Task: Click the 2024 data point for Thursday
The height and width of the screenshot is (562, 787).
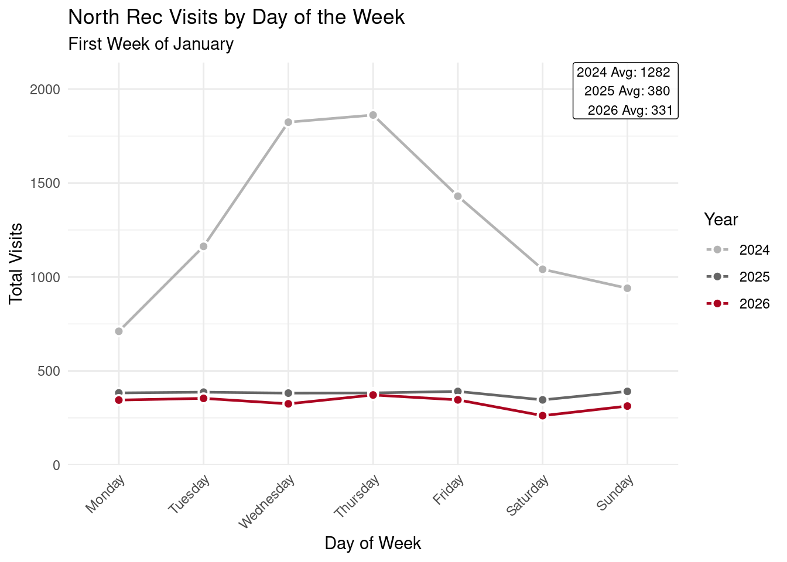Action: pos(372,115)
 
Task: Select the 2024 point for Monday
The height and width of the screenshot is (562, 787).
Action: pos(119,331)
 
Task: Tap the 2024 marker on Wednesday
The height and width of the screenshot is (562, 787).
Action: pos(288,122)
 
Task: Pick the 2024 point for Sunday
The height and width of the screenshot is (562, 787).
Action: pos(627,288)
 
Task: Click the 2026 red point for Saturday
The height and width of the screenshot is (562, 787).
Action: pos(542,416)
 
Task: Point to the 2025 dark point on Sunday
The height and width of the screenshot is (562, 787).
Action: pos(627,392)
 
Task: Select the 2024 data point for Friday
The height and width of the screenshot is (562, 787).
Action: pos(457,196)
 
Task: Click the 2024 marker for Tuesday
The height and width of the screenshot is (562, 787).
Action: pos(203,246)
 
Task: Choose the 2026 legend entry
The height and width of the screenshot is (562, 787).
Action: pos(738,304)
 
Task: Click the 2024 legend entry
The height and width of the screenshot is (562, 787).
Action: pos(738,250)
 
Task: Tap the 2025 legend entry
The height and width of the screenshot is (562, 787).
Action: pos(738,277)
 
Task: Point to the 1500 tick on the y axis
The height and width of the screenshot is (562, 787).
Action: pos(46,183)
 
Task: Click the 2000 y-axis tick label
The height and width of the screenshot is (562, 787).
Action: pos(46,90)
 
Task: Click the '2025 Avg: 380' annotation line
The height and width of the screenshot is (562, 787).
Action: pos(627,91)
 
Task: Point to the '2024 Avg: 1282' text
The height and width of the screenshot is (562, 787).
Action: pos(623,73)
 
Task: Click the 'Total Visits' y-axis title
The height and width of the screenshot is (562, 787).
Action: pos(16,263)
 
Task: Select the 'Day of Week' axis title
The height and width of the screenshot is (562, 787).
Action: pos(372,543)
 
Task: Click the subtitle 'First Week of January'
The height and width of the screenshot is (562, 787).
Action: pos(151,44)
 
